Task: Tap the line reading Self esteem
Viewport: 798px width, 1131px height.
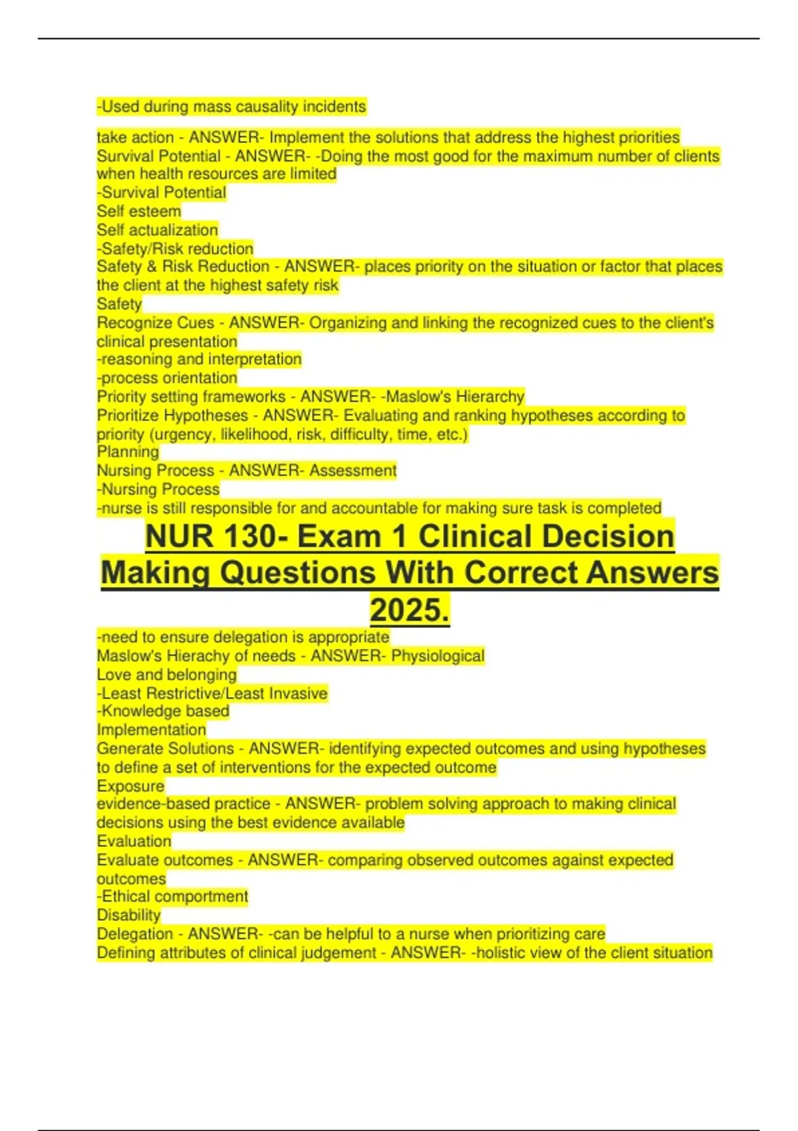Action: click(x=138, y=211)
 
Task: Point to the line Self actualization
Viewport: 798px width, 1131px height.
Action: click(x=157, y=230)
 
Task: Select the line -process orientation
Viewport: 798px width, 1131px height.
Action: click(x=167, y=378)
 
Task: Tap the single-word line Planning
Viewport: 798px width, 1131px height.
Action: click(x=128, y=452)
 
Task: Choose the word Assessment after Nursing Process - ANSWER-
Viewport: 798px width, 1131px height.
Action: click(x=352, y=470)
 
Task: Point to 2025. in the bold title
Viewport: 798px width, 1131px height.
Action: click(x=409, y=610)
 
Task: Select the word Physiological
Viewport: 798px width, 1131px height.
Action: click(x=438, y=656)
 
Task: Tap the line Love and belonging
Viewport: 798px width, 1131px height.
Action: click(x=166, y=675)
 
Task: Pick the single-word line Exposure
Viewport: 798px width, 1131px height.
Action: click(x=130, y=786)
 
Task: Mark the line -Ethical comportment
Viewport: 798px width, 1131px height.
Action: click(x=172, y=897)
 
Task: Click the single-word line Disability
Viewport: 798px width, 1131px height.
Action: click(x=128, y=915)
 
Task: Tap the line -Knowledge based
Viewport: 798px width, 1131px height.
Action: click(x=163, y=711)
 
